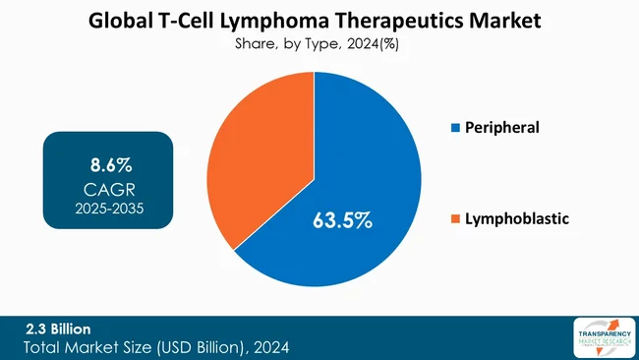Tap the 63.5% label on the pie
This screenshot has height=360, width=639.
pyautogui.click(x=342, y=219)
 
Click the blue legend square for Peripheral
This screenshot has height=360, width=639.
pyautogui.click(x=454, y=128)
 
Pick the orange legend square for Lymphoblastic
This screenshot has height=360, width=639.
pyautogui.click(x=454, y=217)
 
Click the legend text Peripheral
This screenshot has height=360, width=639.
pyautogui.click(x=504, y=128)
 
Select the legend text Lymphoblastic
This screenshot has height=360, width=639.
pyautogui.click(x=518, y=217)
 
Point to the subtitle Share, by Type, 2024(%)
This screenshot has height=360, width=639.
pyautogui.click(x=317, y=43)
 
